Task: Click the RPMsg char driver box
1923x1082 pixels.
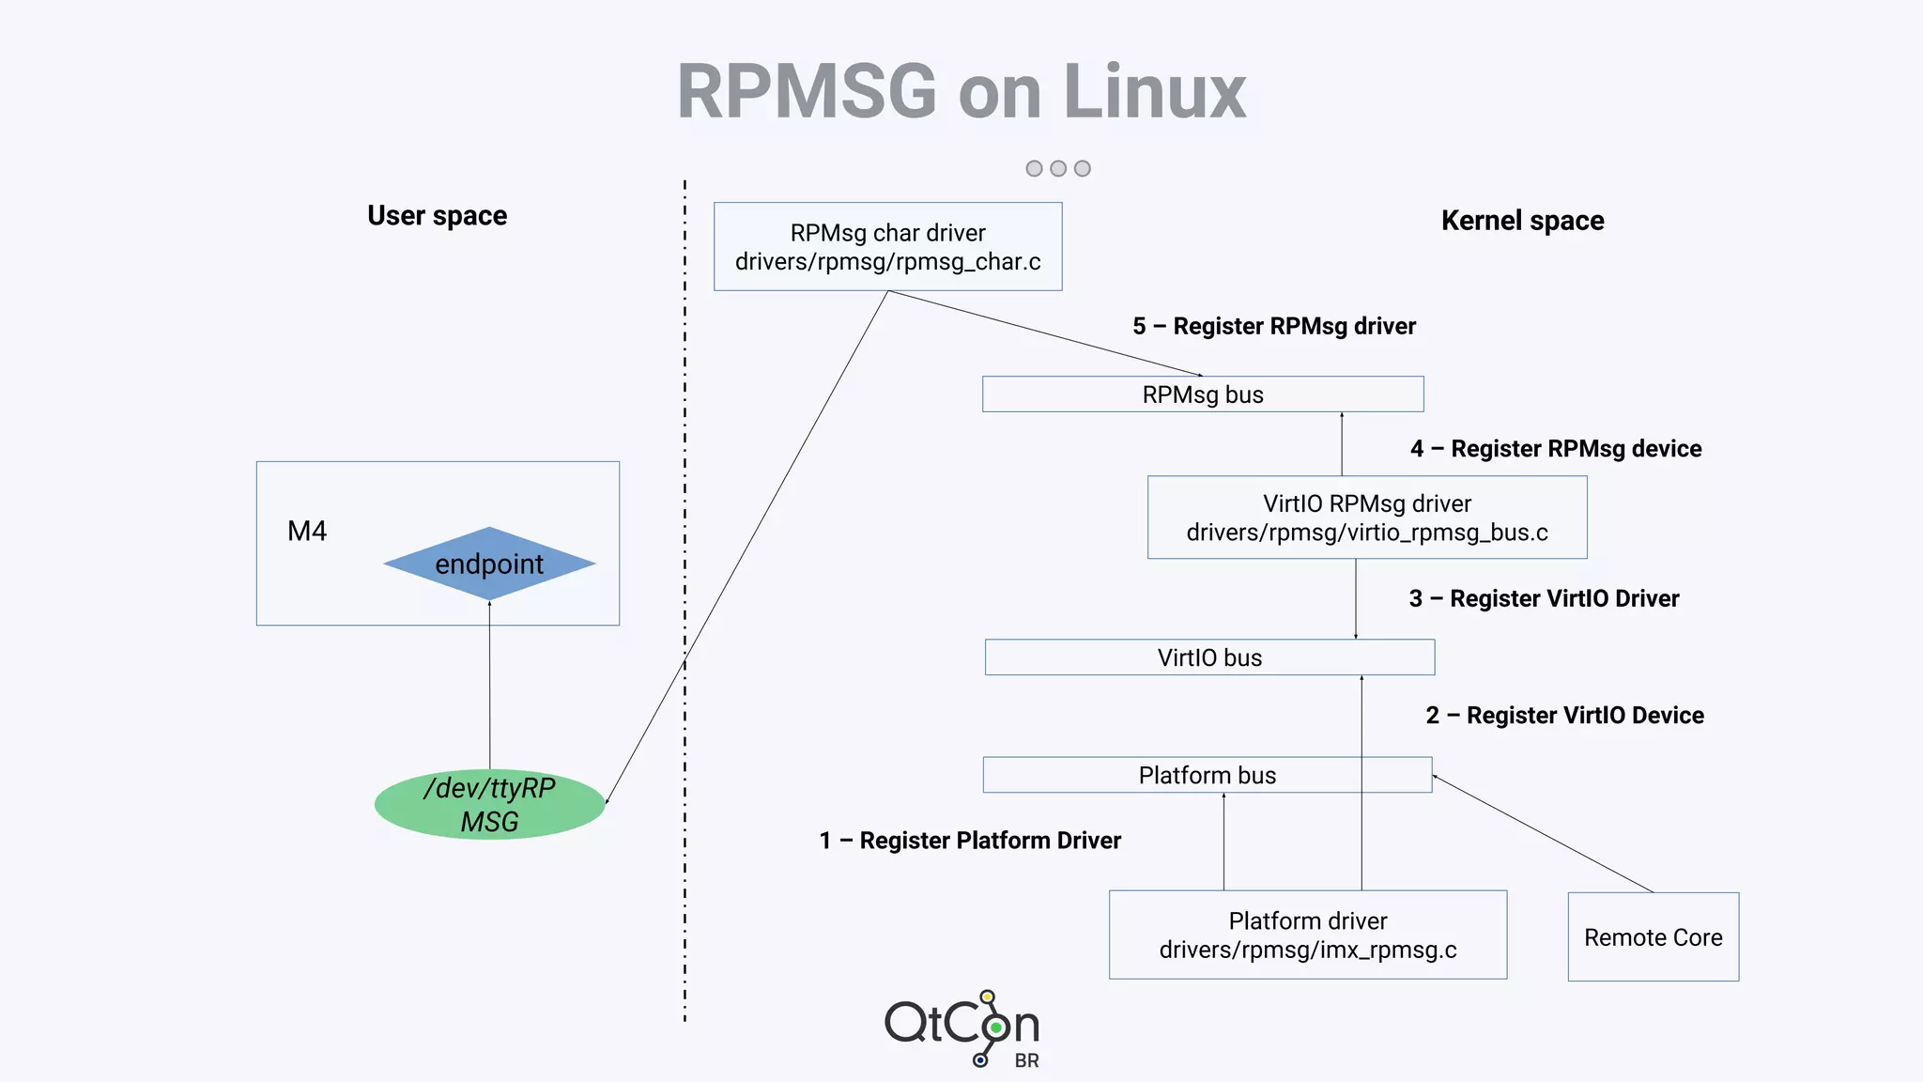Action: [887, 246]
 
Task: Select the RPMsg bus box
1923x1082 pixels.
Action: [1203, 394]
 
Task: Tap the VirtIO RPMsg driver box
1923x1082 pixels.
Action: [1366, 518]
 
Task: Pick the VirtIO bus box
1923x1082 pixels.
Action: [1209, 657]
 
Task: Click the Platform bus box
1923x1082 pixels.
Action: [1207, 775]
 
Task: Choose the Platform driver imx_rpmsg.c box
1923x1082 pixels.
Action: [1307, 935]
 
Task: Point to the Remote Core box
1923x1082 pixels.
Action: [1653, 937]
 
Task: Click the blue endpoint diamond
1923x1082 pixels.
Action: [489, 564]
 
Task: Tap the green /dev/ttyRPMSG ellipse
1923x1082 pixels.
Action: [489, 805]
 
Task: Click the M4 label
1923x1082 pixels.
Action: [307, 532]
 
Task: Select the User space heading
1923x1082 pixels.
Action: [437, 216]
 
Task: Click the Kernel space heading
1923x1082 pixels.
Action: [1522, 221]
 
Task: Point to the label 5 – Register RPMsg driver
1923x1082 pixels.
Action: [1273, 327]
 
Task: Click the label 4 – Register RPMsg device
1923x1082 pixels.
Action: [1555, 449]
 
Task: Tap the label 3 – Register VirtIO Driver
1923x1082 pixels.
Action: [1544, 599]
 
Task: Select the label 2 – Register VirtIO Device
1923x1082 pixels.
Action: [1564, 716]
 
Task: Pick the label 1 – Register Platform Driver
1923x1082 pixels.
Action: [970, 841]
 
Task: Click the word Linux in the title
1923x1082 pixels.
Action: [1155, 92]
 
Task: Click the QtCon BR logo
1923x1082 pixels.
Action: [962, 1028]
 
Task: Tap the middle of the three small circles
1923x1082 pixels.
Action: [1058, 168]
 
